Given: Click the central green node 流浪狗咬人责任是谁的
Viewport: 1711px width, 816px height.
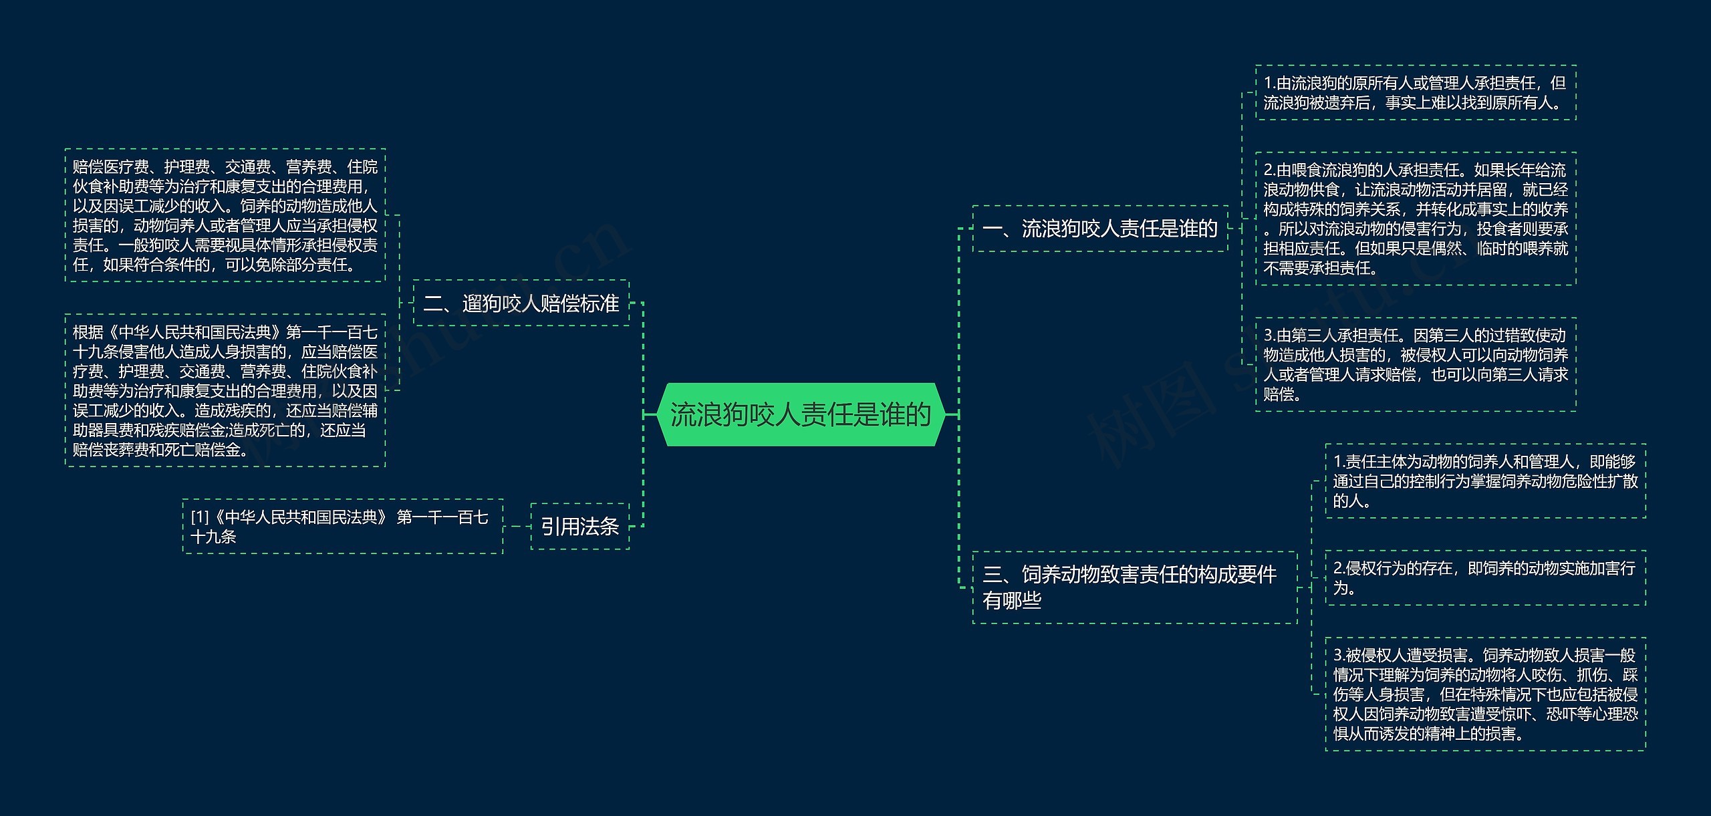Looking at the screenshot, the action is coord(801,414).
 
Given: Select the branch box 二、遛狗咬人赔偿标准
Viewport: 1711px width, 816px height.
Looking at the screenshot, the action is coord(521,303).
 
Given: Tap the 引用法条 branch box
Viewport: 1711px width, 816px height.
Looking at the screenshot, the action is coord(580,527).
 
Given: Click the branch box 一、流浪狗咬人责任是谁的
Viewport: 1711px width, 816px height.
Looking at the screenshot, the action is coord(1100,229).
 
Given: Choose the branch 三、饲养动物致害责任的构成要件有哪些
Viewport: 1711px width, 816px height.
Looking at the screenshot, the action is coord(1134,587).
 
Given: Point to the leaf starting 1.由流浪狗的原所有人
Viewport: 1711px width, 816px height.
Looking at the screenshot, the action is coord(1416,93).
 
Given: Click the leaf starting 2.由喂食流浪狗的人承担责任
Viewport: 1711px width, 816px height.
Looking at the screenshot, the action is coord(1416,219).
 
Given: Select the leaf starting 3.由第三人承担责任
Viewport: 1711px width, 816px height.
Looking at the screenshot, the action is coord(1416,364).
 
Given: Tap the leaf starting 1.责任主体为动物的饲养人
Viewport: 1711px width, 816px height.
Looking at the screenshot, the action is coord(1485,481).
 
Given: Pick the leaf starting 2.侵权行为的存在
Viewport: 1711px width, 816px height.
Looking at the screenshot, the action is coord(1485,577).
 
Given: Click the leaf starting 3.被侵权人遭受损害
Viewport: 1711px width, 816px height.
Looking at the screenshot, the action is coord(1485,694).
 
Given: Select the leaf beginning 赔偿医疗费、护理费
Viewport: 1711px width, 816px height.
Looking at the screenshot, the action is coord(225,215).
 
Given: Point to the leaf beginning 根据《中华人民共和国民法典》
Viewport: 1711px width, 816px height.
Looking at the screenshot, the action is coord(225,390).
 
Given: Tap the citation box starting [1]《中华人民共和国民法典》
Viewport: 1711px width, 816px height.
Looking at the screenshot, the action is coord(342,527).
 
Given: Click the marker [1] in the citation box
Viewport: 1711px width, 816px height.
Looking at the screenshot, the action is coord(200,517).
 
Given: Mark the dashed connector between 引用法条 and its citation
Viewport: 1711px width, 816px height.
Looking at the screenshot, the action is coord(517,527).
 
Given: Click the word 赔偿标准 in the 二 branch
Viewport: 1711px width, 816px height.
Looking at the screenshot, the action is coord(579,303).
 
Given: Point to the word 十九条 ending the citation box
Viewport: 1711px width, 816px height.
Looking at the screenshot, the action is coord(214,537).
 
